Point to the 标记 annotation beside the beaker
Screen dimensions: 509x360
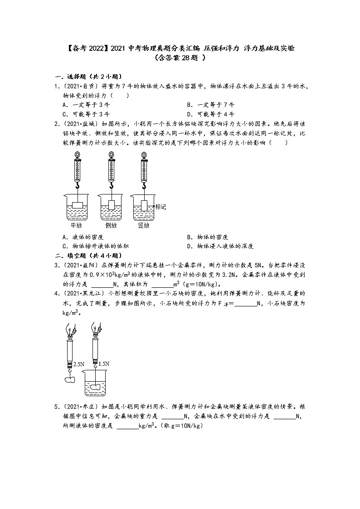(x=161, y=207)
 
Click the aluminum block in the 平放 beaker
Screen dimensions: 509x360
(x=78, y=204)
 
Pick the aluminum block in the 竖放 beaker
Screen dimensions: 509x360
(x=144, y=204)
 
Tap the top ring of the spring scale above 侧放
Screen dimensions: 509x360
(x=111, y=155)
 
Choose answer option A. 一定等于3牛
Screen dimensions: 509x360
(x=85, y=104)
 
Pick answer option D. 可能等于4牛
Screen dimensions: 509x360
(x=210, y=114)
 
